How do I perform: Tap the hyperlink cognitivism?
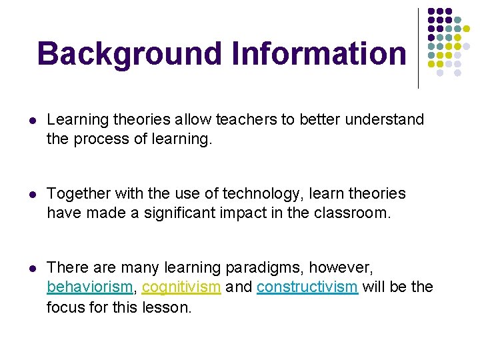pyautogui.click(x=181, y=287)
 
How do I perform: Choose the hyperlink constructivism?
pyautogui.click(x=307, y=287)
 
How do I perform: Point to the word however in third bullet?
pyautogui.click(x=349, y=268)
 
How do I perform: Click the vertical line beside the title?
pyautogui.click(x=418, y=48)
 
